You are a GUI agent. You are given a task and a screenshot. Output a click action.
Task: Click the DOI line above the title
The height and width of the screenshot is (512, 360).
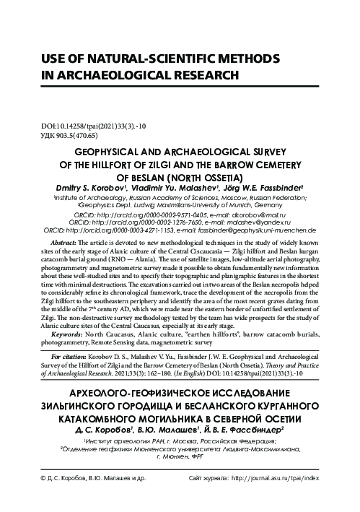pyautogui.click(x=79, y=126)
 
